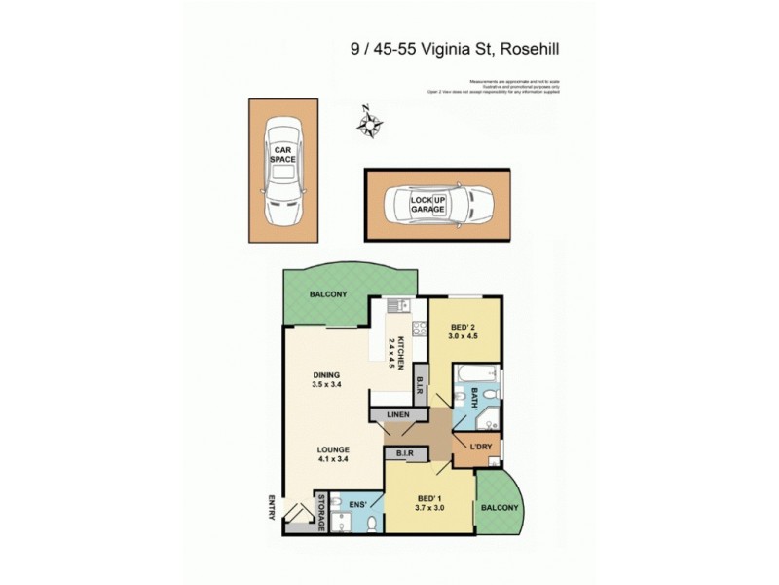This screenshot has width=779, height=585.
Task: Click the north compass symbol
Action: pyautogui.click(x=370, y=124)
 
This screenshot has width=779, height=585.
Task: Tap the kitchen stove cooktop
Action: pyautogui.click(x=419, y=329)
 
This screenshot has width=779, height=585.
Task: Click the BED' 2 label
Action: pyautogui.click(x=464, y=328)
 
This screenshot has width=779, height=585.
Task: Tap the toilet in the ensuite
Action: pyautogui.click(x=372, y=525)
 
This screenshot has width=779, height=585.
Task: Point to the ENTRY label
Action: pyautogui.click(x=273, y=508)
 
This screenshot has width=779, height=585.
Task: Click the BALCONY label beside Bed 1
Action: pyautogui.click(x=499, y=507)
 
